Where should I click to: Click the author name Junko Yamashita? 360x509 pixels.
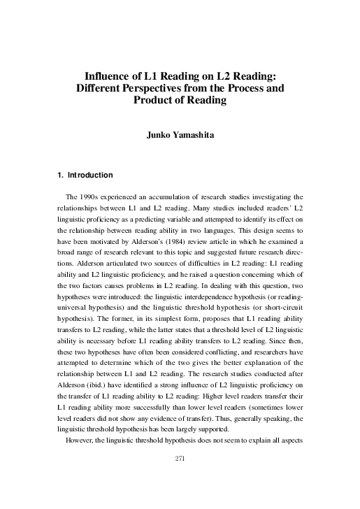pos(179,136)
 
